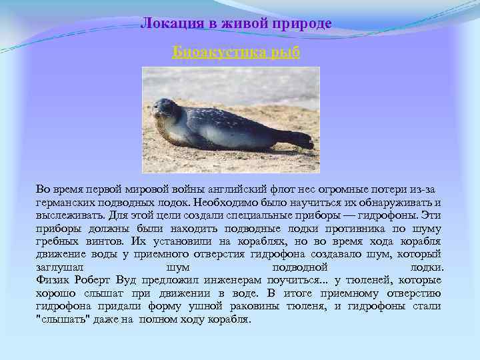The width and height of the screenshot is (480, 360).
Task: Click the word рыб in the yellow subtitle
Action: coord(286,52)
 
